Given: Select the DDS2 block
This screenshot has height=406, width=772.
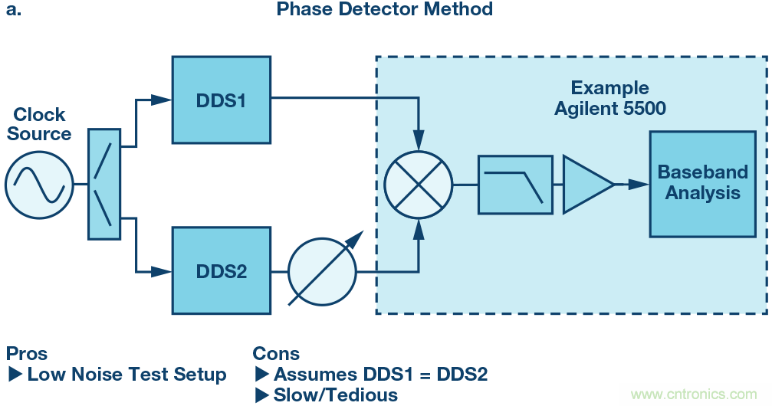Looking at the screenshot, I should (221, 270).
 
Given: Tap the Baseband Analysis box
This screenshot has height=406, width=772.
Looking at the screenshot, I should (702, 184).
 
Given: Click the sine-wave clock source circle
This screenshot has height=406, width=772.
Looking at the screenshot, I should (39, 185).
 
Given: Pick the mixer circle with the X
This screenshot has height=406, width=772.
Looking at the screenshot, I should (419, 185).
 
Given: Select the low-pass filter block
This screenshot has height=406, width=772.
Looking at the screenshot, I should (515, 185).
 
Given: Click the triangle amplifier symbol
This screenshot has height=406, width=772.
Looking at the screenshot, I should (585, 185).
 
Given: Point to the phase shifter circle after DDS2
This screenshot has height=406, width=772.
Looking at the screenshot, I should (322, 270).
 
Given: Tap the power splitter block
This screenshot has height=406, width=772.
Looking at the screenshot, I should (104, 185).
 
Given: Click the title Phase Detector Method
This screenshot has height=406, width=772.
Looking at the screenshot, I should (384, 10).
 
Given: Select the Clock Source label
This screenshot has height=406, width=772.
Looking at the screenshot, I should (39, 124).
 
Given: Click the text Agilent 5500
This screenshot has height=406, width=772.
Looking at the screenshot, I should (610, 109).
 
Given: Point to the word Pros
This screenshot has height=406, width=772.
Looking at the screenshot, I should (27, 354).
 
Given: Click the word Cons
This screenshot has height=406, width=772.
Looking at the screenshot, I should (276, 354).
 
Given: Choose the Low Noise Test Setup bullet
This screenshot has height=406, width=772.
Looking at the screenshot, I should (126, 375).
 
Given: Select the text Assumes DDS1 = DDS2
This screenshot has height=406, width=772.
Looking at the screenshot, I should (380, 375).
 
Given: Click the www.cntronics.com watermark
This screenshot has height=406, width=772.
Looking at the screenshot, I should (693, 395).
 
